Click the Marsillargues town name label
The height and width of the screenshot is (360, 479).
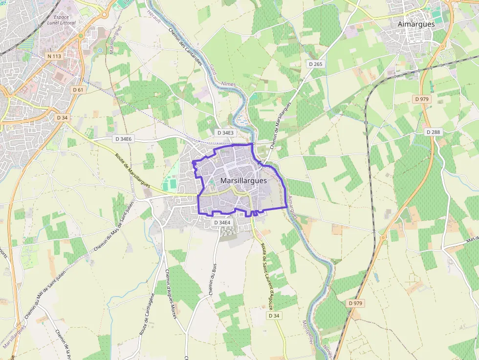(243, 180)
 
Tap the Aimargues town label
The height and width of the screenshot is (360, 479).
(416, 24)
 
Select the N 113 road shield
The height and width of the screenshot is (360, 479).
(54, 56)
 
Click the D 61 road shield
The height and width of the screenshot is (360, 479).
(78, 89)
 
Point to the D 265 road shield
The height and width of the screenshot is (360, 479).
(316, 64)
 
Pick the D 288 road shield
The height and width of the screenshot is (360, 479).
(433, 132)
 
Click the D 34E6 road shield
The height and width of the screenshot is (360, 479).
(124, 139)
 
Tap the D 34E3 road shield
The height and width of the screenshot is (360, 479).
(225, 132)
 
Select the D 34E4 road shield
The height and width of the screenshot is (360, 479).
(221, 222)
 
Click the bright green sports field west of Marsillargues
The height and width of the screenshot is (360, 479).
(170, 185)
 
